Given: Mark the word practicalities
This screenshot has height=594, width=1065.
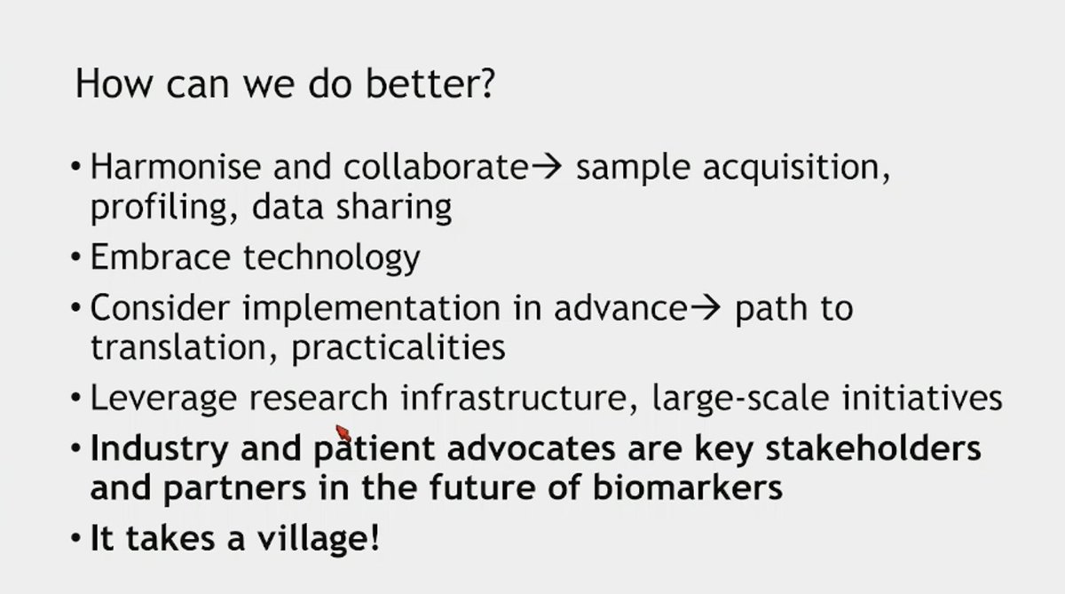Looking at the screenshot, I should pyautogui.click(x=398, y=346).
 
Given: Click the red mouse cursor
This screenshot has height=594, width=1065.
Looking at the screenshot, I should pyautogui.click(x=343, y=432).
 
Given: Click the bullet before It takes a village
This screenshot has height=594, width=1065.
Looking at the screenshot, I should pyautogui.click(x=76, y=538).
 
